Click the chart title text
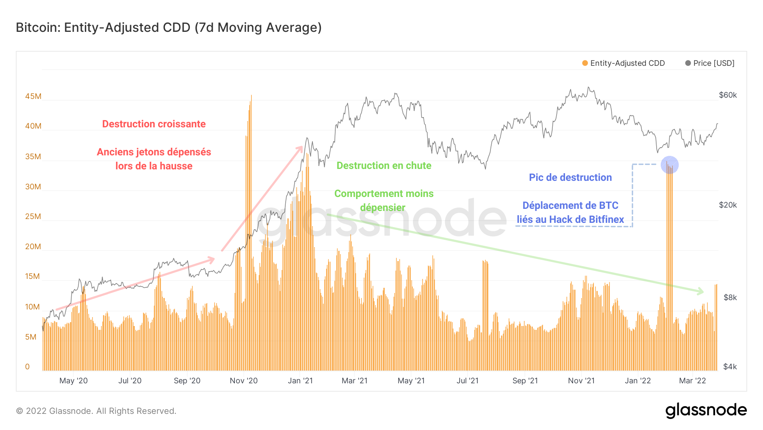click(x=169, y=28)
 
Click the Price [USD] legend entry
click(x=710, y=63)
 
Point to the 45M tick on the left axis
click(x=33, y=96)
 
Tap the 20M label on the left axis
click(x=33, y=247)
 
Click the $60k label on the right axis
click(x=728, y=95)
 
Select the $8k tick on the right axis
click(x=730, y=298)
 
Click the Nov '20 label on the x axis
click(x=244, y=381)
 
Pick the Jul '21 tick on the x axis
click(x=468, y=381)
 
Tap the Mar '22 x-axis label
click(x=693, y=381)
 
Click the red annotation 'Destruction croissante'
click(x=154, y=124)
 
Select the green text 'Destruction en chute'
click(x=384, y=166)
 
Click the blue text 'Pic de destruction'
click(x=570, y=177)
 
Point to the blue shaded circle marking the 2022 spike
click(x=670, y=165)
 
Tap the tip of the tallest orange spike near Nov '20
click(x=251, y=96)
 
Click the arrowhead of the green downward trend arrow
click(x=702, y=292)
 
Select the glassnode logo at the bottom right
click(x=706, y=410)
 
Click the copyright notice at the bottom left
click(x=96, y=411)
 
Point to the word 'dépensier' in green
click(x=383, y=208)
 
